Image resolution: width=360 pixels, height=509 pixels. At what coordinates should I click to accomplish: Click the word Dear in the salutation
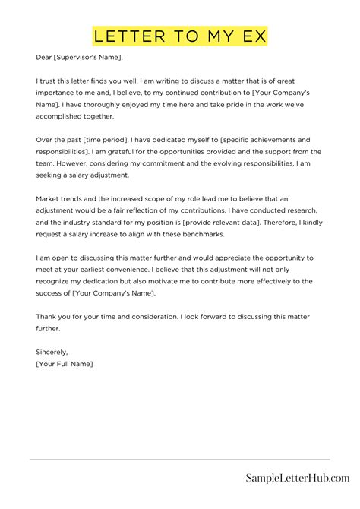(x=43, y=57)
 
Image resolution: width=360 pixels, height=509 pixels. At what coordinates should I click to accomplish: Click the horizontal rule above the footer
(x=180, y=459)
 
